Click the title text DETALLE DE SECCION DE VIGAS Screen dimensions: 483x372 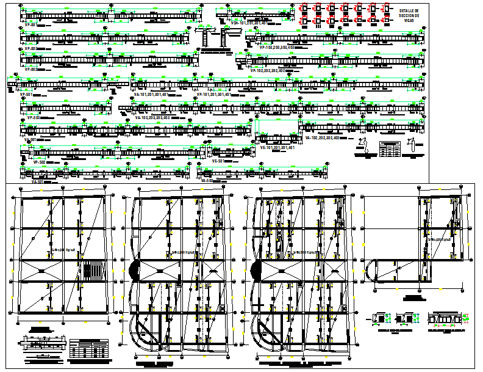[x=410, y=15]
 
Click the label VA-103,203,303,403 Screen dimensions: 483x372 [x=152, y=117]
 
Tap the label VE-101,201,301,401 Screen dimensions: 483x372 [x=277, y=147]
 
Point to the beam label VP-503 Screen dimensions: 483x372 [x=32, y=117]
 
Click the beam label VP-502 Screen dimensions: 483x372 [x=38, y=162]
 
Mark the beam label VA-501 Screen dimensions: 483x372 [x=37, y=181]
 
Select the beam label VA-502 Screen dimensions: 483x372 [x=207, y=181]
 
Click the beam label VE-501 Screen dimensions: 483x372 [x=219, y=161]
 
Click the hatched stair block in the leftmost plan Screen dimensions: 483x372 [x=93, y=271]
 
